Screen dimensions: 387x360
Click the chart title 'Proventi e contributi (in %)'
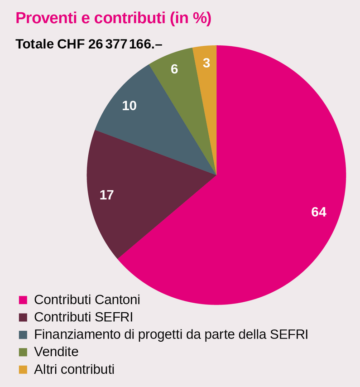(113, 18)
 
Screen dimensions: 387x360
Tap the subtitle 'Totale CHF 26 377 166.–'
(89, 44)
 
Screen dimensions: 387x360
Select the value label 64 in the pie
(319, 212)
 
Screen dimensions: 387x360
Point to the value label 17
(106, 195)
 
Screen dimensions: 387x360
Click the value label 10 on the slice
(129, 106)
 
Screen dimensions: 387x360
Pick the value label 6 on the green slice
(174, 69)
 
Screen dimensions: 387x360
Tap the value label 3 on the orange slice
(206, 63)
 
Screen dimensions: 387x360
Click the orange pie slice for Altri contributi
(206, 91)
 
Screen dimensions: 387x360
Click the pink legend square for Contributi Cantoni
(23, 300)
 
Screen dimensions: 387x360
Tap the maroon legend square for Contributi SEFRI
(23, 317)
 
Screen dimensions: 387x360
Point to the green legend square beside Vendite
(23, 352)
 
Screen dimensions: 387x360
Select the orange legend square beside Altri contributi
(23, 370)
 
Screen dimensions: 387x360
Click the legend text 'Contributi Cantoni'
(87, 300)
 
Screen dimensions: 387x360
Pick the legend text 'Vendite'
(56, 352)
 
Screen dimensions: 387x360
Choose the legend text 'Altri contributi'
(74, 369)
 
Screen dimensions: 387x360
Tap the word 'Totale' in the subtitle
(34, 44)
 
